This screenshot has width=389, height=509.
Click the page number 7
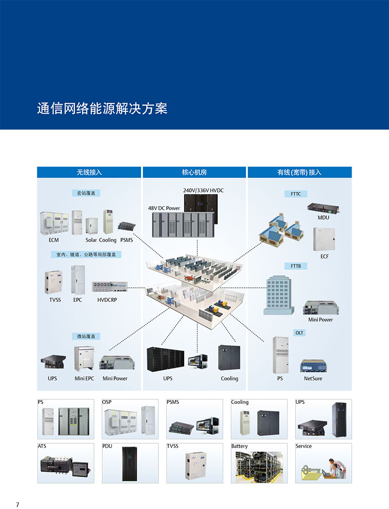(18, 504)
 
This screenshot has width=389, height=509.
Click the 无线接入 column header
(89, 173)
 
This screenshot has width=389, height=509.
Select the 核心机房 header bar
(194, 173)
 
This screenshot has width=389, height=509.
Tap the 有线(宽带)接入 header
(299, 173)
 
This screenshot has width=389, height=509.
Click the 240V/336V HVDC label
(203, 190)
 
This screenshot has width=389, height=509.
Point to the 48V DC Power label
(164, 208)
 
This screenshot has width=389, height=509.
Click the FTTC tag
(296, 194)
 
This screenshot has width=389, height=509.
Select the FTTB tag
(296, 266)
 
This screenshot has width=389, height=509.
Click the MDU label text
(323, 217)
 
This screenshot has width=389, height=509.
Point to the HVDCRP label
(107, 300)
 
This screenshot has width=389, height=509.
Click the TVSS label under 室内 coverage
(55, 300)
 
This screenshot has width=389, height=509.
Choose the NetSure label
(313, 378)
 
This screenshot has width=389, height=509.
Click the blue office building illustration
(278, 295)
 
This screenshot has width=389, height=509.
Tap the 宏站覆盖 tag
(86, 193)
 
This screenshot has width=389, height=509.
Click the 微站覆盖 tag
(86, 336)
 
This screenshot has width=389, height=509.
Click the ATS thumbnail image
(66, 466)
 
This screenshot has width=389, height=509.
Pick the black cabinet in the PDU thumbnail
(130, 464)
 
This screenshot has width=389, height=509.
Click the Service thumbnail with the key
(323, 466)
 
